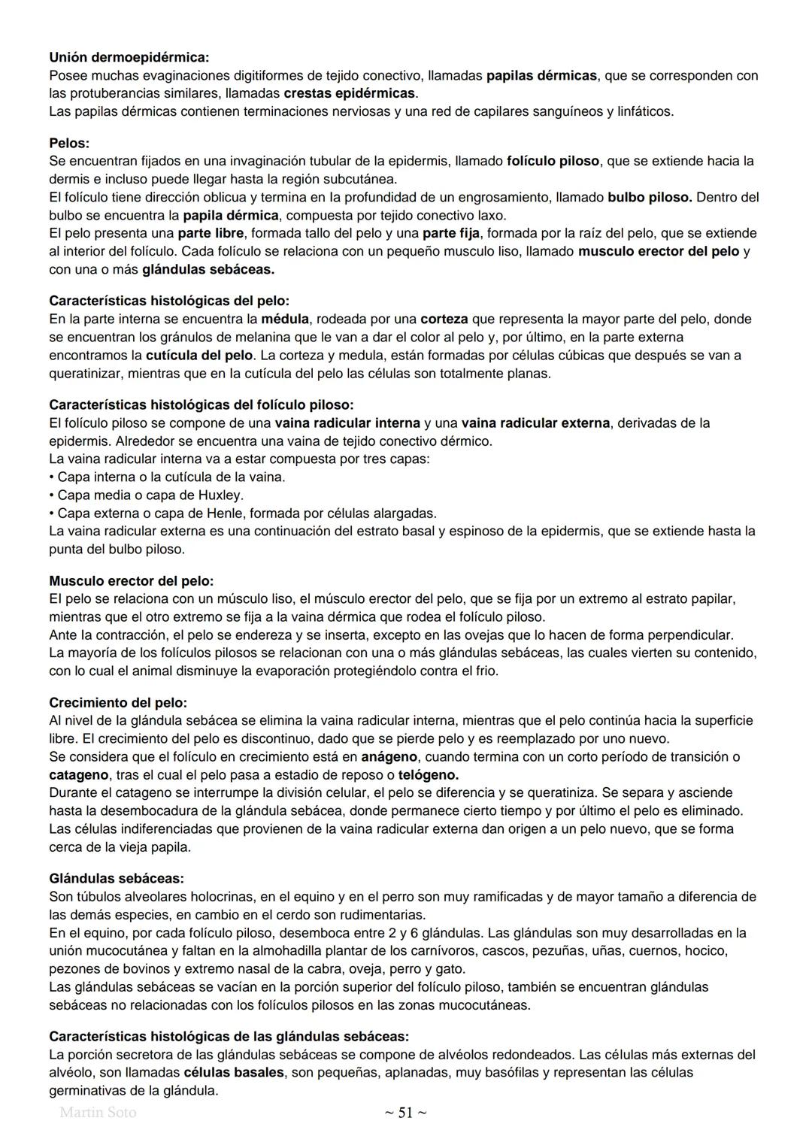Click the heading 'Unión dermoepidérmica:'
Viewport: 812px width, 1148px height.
[129, 57]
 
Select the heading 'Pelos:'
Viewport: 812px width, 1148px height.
[69, 143]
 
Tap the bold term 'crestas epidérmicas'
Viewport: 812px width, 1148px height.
[350, 93]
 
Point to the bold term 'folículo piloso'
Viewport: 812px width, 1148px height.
[553, 161]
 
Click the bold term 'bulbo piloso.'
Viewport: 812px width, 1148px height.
[650, 197]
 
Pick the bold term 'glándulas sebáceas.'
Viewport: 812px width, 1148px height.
[208, 269]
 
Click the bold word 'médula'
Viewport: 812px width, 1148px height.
[285, 319]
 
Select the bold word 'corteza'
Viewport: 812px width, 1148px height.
[444, 319]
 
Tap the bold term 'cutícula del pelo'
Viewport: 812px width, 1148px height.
[199, 355]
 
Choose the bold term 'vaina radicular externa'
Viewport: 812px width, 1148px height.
[535, 423]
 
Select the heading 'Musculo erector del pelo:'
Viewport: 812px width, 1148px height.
[132, 580]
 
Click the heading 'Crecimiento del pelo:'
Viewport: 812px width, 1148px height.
[118, 702]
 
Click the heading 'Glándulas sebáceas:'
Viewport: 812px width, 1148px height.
[117, 878]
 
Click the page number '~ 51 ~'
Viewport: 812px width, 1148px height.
[405, 1113]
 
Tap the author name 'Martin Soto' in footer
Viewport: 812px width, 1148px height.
[98, 1113]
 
